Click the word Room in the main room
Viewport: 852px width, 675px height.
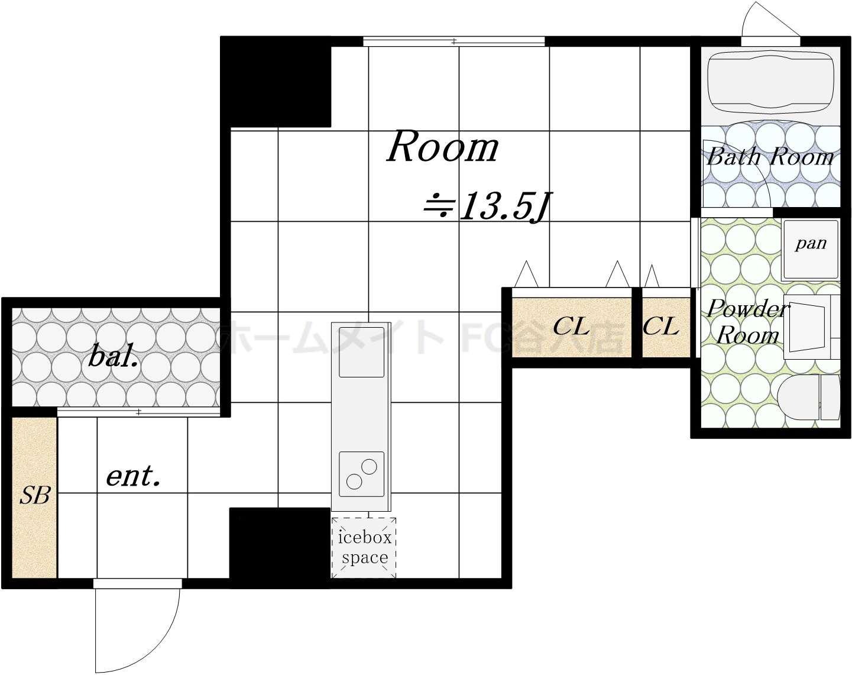coord(442,147)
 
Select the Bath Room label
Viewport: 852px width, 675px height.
coord(770,156)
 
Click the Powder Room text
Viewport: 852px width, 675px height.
coord(748,322)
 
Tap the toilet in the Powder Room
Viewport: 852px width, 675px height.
coord(808,397)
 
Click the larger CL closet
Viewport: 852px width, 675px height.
coord(571,328)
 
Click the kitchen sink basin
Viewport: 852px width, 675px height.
coord(361,352)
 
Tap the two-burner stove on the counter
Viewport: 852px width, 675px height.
coord(361,474)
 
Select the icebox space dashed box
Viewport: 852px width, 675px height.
coord(364,547)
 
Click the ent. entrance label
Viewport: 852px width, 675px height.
coord(134,476)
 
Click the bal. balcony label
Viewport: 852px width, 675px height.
coord(114,356)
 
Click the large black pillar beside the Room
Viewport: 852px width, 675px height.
coord(276,82)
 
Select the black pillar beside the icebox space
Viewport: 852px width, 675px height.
coord(280,547)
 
